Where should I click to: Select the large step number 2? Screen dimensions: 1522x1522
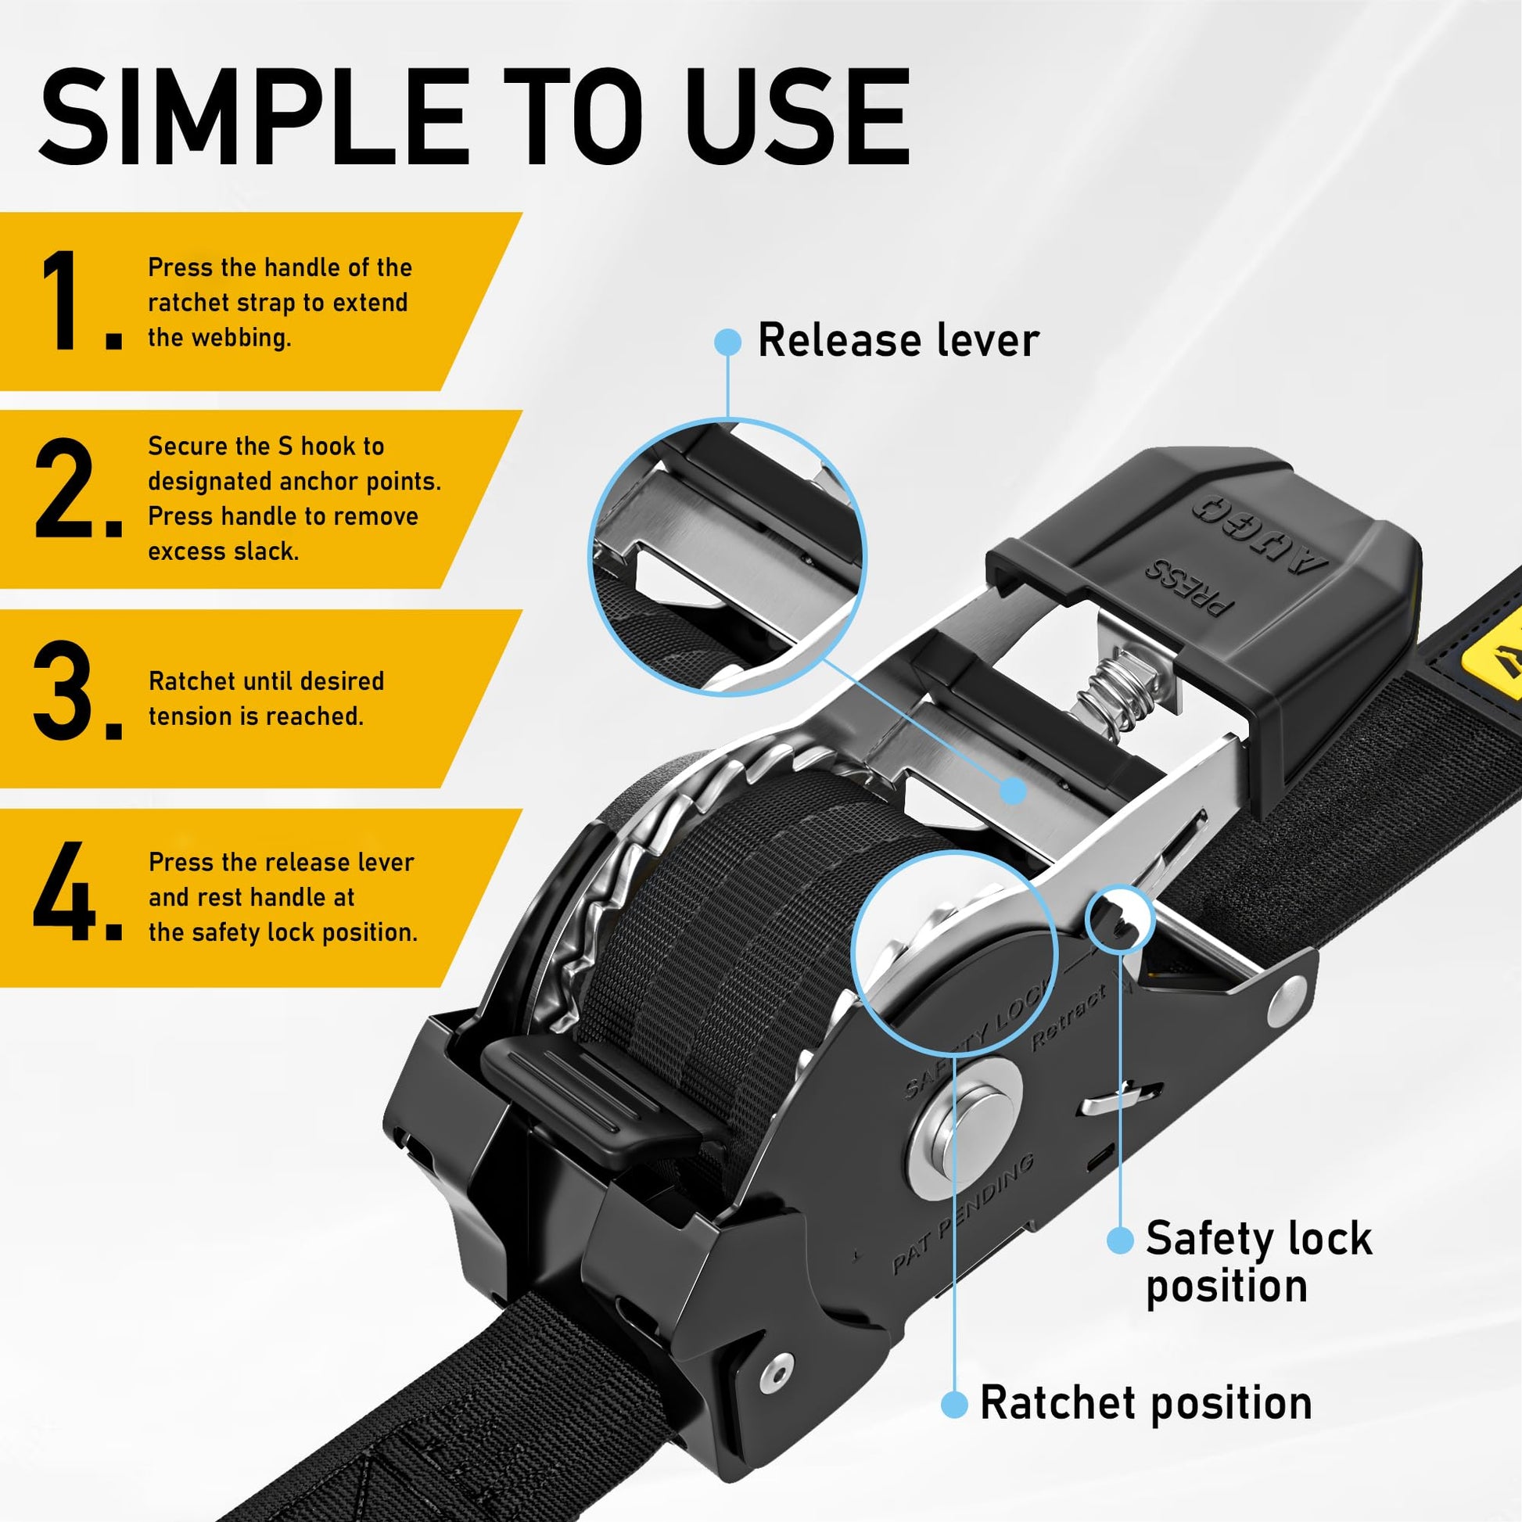point(79,487)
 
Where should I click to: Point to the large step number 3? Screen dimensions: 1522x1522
point(78,690)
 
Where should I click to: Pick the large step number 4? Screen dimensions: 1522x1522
point(78,891)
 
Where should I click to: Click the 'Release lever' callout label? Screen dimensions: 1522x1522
point(898,340)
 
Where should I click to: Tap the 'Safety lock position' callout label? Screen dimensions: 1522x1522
point(1259,1263)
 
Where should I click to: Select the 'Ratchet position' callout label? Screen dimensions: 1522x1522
point(1146,1403)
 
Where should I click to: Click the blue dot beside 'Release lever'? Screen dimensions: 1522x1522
point(728,342)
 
